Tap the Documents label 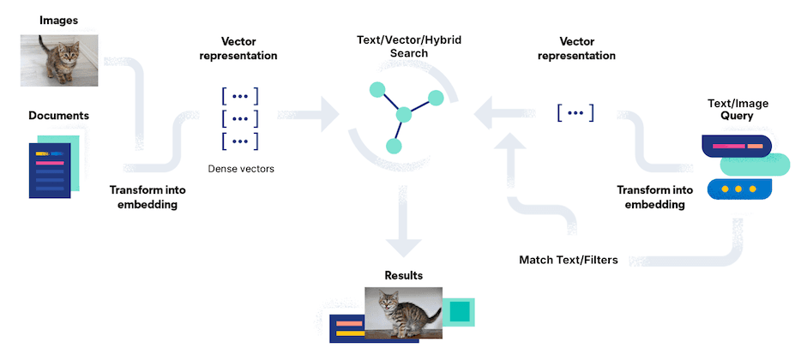(x=58, y=116)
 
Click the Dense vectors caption (x=241, y=170)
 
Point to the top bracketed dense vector (x=240, y=95)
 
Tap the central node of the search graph (x=403, y=115)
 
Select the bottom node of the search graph (x=393, y=146)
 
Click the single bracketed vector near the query (x=575, y=112)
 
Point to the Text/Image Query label (x=744, y=110)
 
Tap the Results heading (x=403, y=276)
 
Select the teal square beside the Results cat (x=459, y=311)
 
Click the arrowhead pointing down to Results (x=403, y=243)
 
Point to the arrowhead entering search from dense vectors (x=331, y=115)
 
